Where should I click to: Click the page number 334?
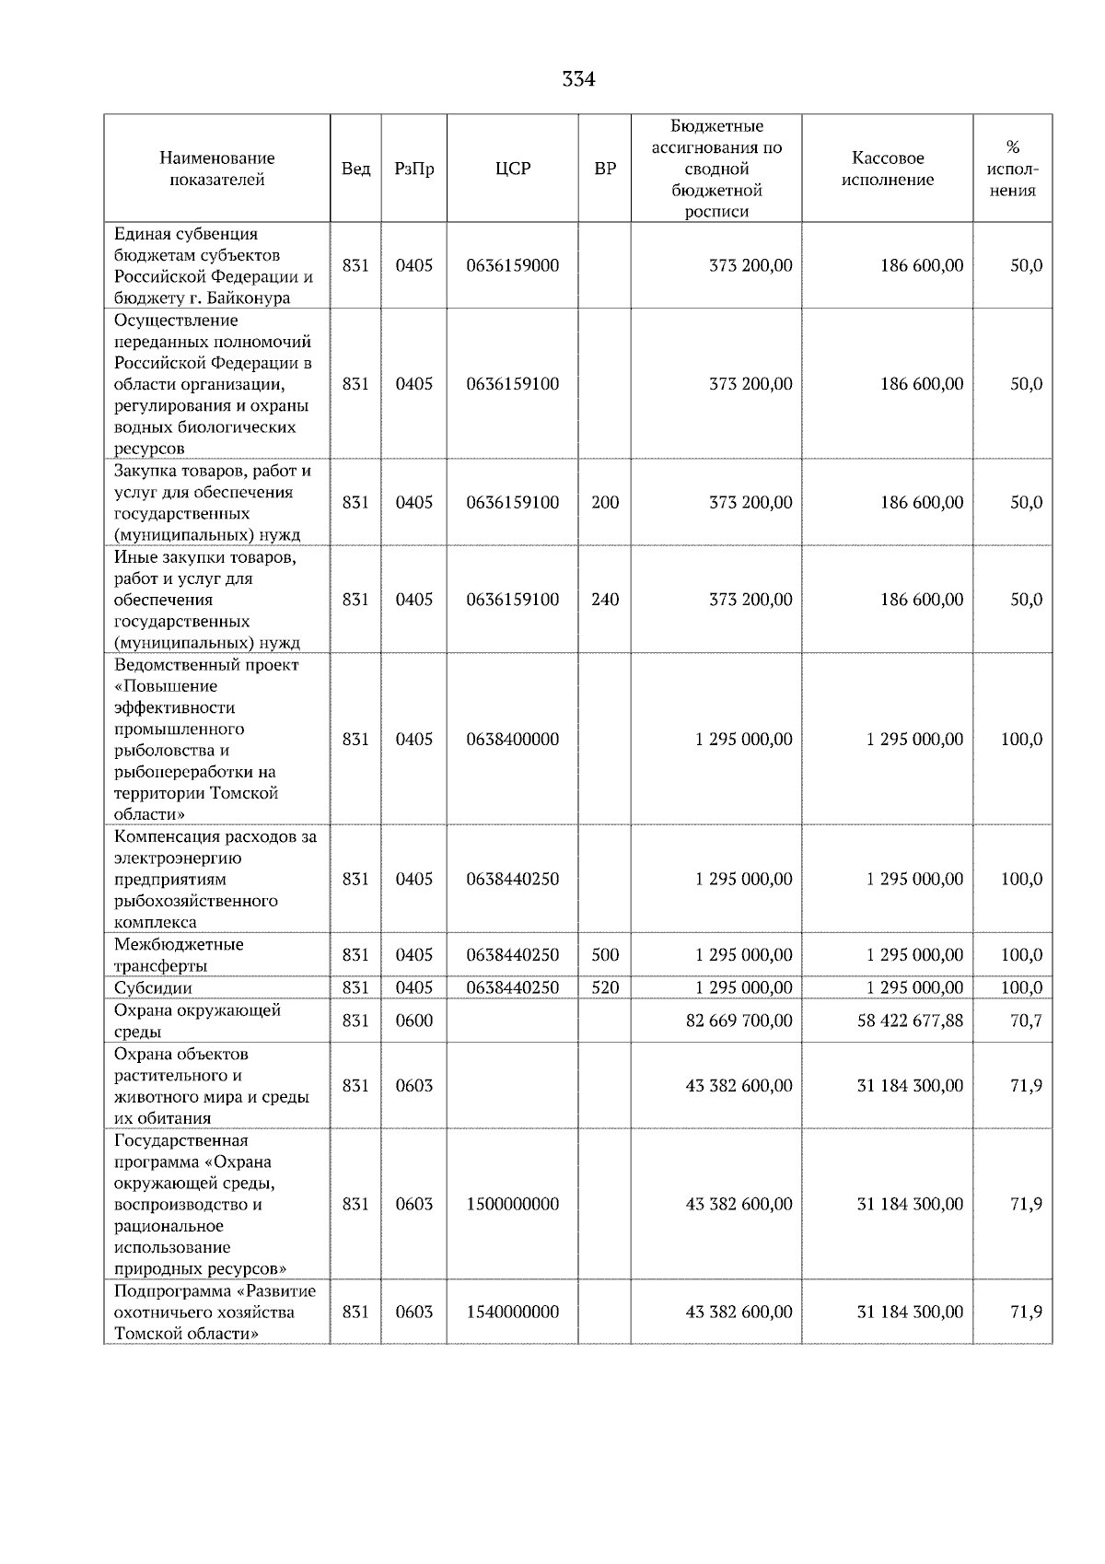(578, 80)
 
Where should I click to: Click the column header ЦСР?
(512, 169)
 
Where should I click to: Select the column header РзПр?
(413, 169)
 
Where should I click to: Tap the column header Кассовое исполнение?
(887, 169)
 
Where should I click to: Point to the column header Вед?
(355, 169)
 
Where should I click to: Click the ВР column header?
(605, 169)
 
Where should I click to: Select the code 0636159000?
(512, 265)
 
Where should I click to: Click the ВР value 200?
(605, 502)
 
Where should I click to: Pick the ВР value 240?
(605, 600)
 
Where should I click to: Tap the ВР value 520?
(605, 987)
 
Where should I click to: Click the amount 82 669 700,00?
(739, 1021)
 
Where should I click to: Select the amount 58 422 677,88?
(910, 1021)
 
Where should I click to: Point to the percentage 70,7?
(1026, 1021)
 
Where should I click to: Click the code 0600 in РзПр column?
(413, 1021)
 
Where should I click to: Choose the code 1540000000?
(512, 1312)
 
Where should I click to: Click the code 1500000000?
(512, 1204)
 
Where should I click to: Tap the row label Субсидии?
(153, 988)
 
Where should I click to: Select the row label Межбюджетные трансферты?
(179, 955)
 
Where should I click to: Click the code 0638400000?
(512, 740)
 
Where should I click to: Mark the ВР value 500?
(605, 955)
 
